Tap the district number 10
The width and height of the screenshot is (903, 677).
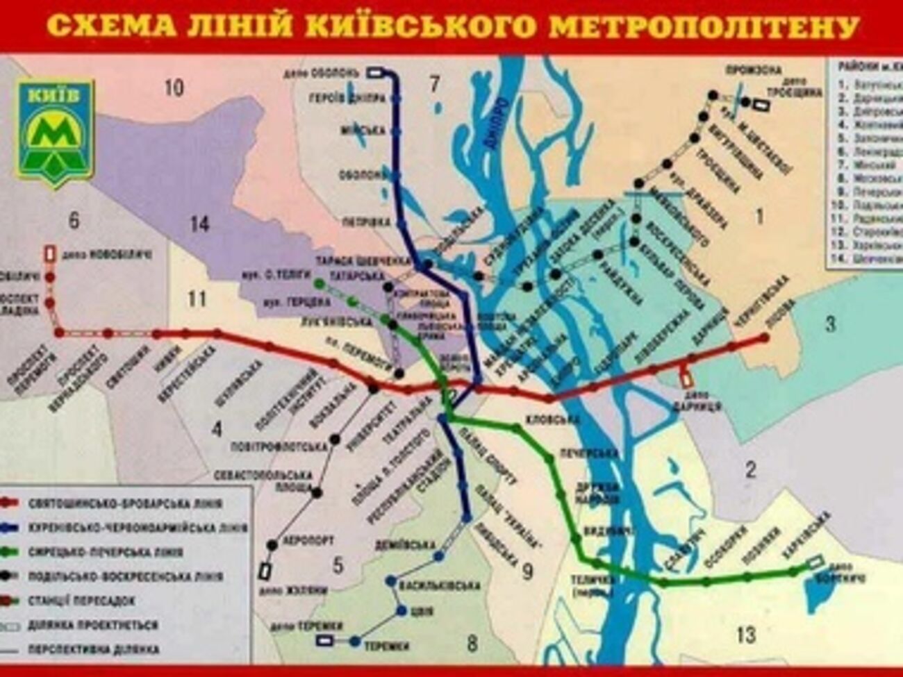[174, 88]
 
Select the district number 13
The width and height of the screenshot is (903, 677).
[745, 634]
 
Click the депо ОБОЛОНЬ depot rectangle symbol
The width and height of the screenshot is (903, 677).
[376, 71]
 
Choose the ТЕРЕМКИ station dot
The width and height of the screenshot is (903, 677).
[356, 642]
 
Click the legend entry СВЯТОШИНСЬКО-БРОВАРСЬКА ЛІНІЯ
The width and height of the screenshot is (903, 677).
[125, 503]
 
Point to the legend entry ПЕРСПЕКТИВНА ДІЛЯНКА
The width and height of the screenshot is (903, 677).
[93, 650]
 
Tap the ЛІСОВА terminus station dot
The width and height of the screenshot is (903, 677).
[765, 337]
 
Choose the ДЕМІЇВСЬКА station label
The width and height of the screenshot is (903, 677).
[404, 544]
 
